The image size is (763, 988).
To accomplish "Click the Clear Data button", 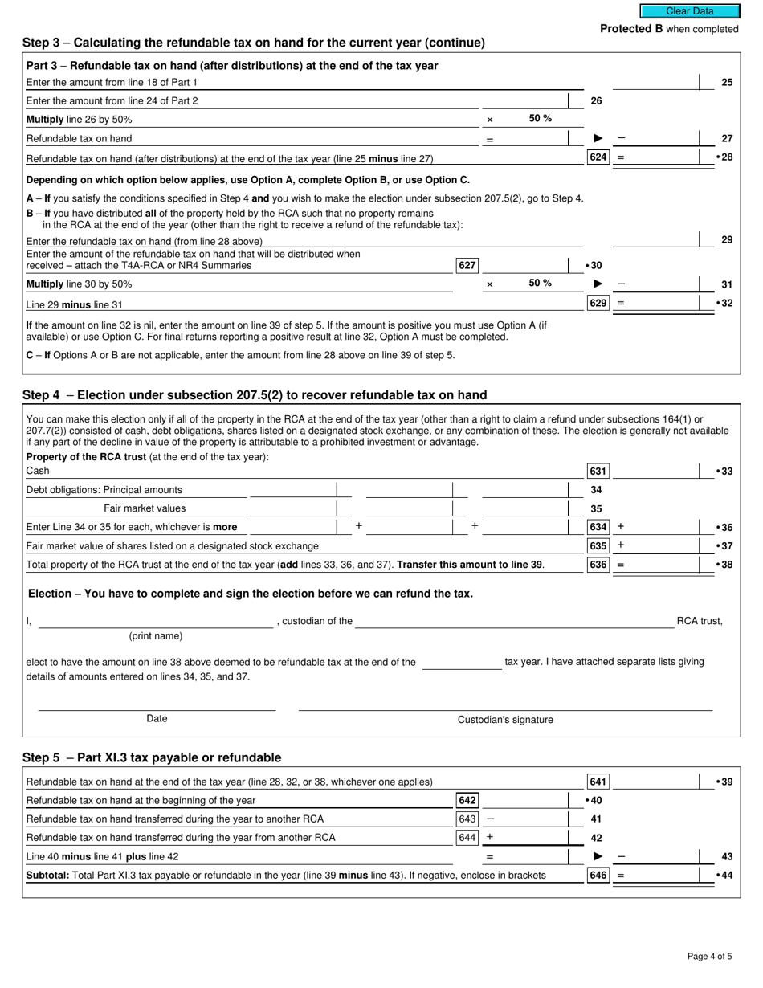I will (689, 11).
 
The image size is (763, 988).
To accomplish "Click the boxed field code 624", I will (598, 157).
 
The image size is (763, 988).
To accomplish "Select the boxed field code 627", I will (467, 265).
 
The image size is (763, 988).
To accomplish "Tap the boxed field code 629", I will (598, 303).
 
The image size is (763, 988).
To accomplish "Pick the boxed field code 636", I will (598, 565).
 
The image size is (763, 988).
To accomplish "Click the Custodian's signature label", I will (505, 720).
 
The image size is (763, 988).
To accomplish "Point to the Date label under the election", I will (157, 719).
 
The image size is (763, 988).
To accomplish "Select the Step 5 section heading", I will (152, 757).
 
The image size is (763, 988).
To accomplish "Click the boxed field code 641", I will (598, 782).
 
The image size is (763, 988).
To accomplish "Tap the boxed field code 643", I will (467, 819).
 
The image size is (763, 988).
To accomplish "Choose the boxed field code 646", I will (598, 875).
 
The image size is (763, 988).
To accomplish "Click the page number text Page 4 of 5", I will (709, 956).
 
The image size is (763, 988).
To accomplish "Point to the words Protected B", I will (631, 29).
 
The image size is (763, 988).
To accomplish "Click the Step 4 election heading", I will (255, 394).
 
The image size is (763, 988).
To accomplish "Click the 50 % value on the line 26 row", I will (540, 119).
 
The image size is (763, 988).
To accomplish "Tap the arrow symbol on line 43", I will (598, 856).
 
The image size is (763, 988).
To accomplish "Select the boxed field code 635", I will (598, 546).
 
